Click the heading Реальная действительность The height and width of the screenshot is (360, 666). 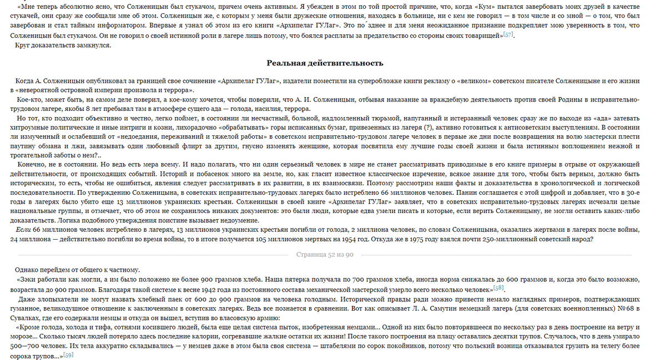point(325,63)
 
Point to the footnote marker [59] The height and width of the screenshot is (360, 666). point(68,355)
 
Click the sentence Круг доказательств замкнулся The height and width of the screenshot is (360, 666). point(63,45)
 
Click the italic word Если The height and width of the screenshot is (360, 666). point(23,230)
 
